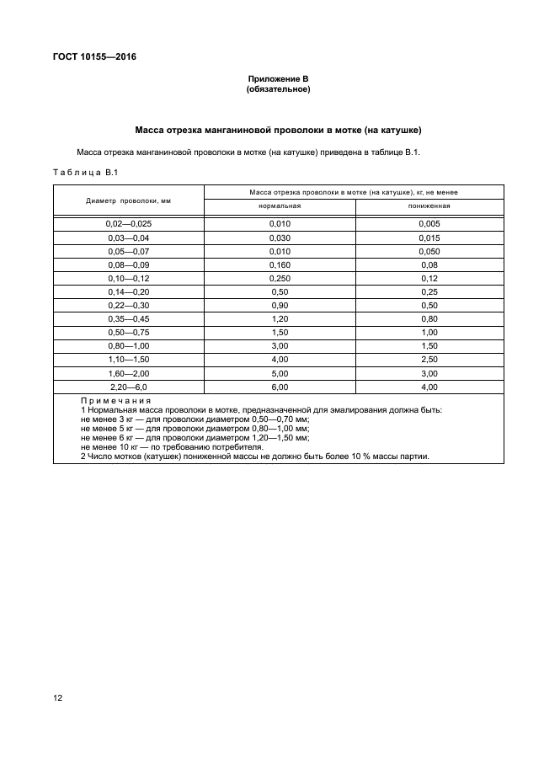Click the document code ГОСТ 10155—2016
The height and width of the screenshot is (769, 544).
pos(87,57)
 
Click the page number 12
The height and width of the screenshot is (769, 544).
pos(58,698)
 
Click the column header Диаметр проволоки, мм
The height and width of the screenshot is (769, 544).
pos(128,200)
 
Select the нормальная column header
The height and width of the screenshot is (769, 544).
pos(279,206)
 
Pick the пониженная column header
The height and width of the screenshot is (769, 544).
pos(429,206)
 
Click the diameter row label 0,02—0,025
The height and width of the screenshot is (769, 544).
pos(128,224)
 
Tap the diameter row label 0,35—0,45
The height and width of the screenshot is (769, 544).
pos(128,318)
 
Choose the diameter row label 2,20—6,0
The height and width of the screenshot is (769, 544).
pos(128,387)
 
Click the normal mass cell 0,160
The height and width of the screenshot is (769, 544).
pos(279,264)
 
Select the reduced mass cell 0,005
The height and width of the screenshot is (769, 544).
pos(429,224)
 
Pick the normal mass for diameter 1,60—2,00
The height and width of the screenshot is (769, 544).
pos(279,373)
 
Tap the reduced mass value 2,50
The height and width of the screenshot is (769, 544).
pos(429,360)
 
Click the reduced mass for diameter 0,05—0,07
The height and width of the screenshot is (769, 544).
pos(429,251)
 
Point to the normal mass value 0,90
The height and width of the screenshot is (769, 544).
pos(279,305)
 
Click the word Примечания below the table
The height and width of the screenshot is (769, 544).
pos(115,401)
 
